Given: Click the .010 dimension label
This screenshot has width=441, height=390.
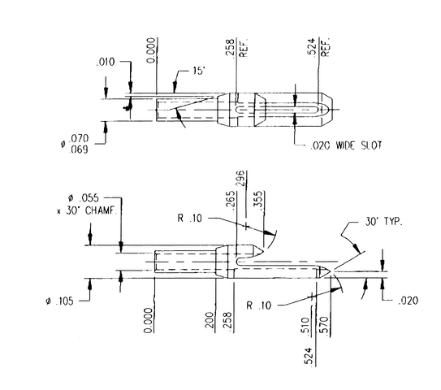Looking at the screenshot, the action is (106, 62).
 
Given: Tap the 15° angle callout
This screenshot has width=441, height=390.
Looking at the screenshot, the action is (198, 71).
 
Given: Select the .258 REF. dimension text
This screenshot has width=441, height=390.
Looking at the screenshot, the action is (236, 49).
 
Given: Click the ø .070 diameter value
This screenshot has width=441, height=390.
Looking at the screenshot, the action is (75, 139).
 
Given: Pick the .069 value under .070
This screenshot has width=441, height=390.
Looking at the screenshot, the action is (79, 149).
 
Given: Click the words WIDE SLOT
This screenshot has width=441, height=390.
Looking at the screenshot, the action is (359, 145).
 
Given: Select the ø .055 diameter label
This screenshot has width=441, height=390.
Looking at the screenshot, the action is (84, 198).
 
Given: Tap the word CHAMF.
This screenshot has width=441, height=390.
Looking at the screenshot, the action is (101, 210).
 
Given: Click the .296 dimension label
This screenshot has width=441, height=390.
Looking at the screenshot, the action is (241, 179).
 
